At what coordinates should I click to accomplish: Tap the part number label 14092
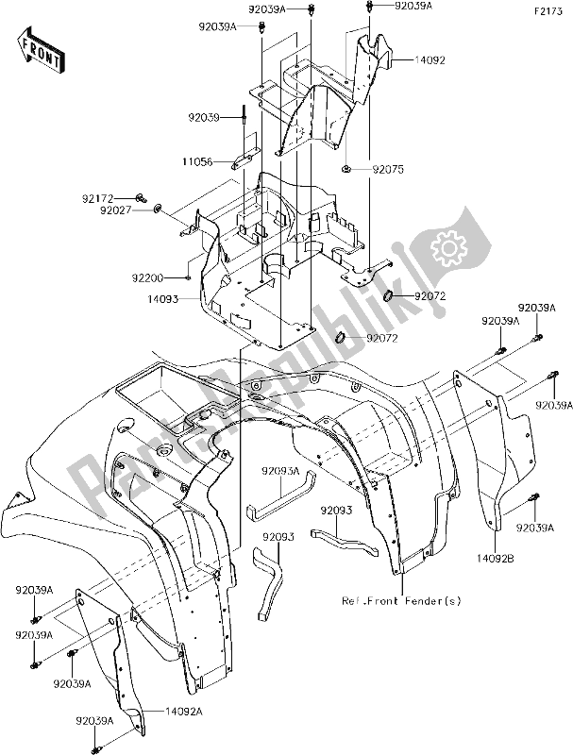point(429,59)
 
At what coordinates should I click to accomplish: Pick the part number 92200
point(162,278)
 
